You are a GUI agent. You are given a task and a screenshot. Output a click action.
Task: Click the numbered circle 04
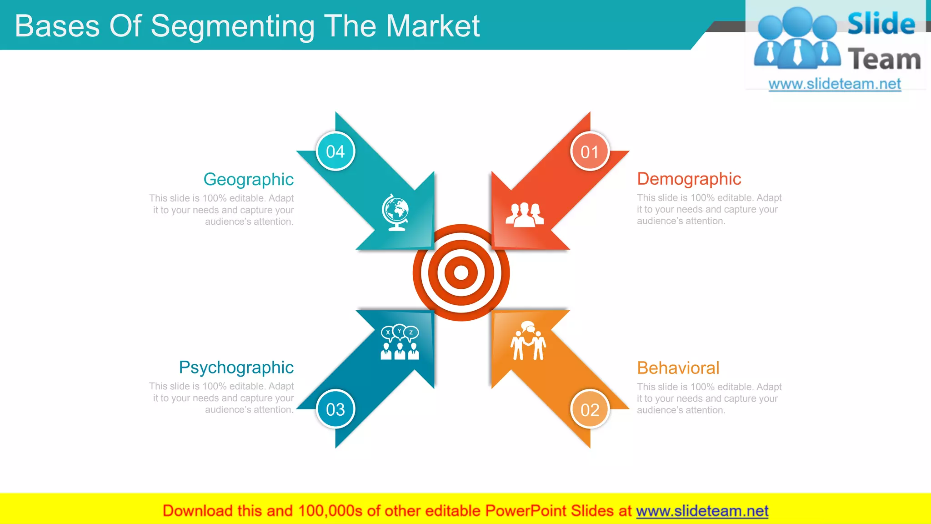(x=335, y=151)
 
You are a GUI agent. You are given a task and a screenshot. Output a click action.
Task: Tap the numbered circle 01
(x=590, y=152)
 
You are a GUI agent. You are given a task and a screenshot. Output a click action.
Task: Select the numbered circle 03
(x=335, y=409)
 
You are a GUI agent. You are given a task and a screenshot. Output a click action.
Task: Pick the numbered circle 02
(x=590, y=410)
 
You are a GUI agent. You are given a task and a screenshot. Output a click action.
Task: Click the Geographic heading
(x=248, y=179)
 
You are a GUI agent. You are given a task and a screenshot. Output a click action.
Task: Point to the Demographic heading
(x=689, y=179)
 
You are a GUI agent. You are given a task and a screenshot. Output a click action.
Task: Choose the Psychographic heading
(x=236, y=367)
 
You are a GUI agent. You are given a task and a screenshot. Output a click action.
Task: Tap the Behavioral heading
(x=678, y=368)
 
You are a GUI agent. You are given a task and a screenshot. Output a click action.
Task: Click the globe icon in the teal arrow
(x=395, y=212)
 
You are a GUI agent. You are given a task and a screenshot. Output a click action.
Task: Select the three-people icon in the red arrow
(x=525, y=215)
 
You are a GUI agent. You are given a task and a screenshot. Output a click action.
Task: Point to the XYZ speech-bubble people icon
(x=400, y=343)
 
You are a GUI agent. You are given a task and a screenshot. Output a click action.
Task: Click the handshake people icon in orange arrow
(x=528, y=341)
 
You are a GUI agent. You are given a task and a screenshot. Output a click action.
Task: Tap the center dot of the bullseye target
(x=461, y=272)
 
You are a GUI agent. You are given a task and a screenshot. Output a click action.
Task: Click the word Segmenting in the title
(x=232, y=26)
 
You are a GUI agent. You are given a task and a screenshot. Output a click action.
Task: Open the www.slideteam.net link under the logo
(x=834, y=84)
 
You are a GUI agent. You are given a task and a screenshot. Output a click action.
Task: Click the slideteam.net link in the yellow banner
(x=702, y=511)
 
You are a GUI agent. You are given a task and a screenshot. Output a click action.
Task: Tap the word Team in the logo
(x=884, y=59)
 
